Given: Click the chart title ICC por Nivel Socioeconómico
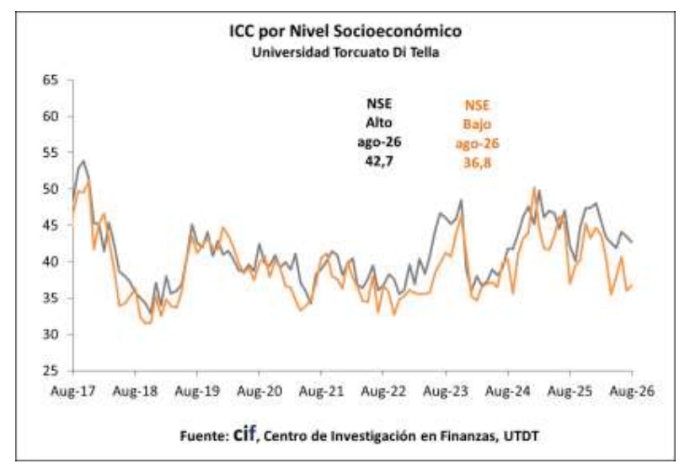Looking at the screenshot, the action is (345, 31).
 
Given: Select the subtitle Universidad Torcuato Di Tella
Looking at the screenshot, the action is (345, 52).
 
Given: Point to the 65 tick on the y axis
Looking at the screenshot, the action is (51, 80).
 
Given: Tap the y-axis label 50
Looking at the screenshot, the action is (51, 189).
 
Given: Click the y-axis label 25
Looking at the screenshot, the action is (51, 370).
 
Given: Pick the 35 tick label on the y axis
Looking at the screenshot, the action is (51, 298).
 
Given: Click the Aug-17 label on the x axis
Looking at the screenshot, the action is (73, 391).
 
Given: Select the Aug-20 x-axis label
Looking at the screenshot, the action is (259, 391).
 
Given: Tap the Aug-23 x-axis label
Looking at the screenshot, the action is (446, 391).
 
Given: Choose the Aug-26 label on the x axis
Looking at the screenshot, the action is (632, 391).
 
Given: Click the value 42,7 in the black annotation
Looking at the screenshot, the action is (379, 161).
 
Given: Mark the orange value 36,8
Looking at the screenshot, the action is (477, 163).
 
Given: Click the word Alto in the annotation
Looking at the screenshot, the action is (379, 122).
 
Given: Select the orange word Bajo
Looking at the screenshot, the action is (477, 124).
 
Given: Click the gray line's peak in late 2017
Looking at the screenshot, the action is (83, 161).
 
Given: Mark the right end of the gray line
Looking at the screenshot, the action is (632, 241).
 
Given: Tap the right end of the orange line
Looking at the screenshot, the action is (632, 286).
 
